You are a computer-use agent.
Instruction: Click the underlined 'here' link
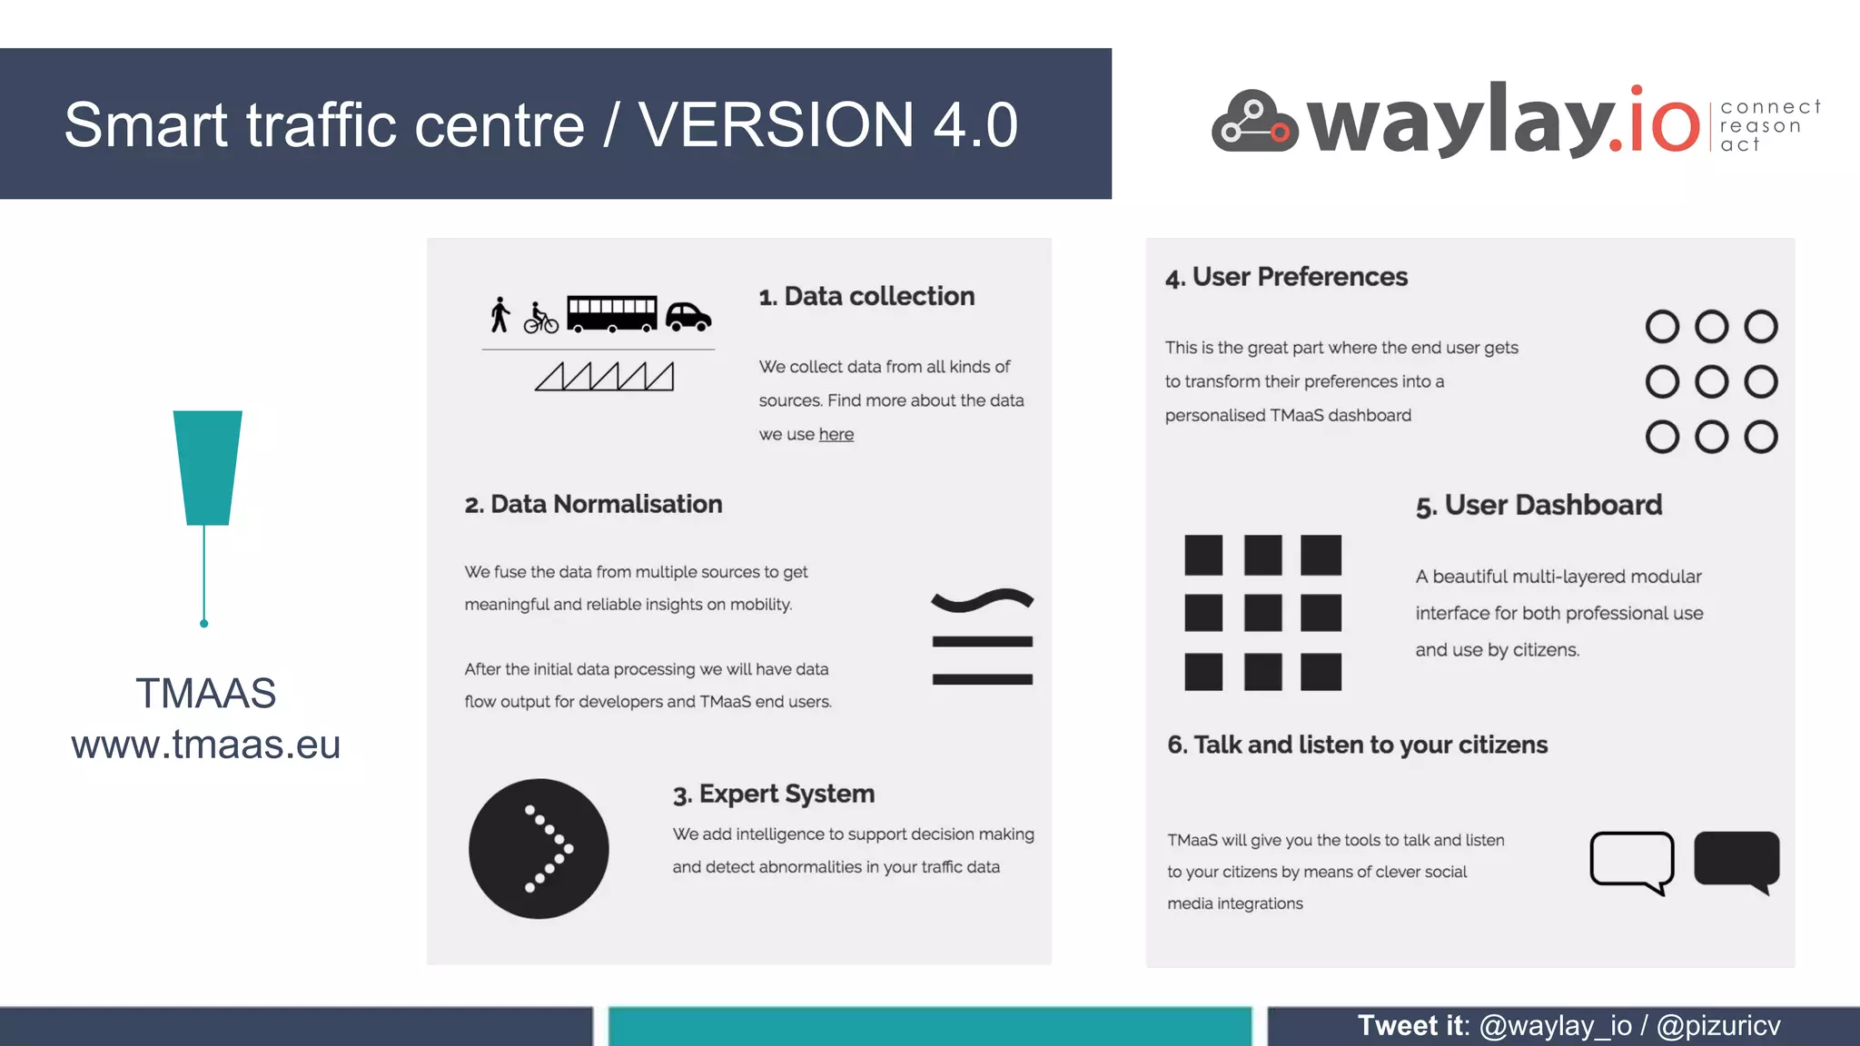[836, 434]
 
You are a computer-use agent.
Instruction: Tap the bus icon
[611, 314]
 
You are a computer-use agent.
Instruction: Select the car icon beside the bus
[688, 317]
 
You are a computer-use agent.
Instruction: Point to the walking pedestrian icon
[500, 314]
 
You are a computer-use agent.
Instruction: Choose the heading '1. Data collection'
[866, 296]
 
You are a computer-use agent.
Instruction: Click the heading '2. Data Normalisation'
[593, 504]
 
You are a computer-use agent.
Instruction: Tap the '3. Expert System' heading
[773, 794]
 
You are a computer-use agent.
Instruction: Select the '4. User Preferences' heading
[1286, 277]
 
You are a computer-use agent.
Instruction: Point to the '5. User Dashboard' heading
[1538, 505]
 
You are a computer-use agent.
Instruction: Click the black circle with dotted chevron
[539, 848]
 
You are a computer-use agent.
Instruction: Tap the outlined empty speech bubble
[1631, 860]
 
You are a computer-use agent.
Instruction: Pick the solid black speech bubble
[1736, 859]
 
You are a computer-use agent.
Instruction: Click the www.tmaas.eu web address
[206, 745]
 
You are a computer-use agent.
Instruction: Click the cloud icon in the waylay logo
[1254, 122]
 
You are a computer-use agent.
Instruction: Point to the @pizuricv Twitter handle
[1717, 1025]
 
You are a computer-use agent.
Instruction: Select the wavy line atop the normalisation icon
[982, 599]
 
